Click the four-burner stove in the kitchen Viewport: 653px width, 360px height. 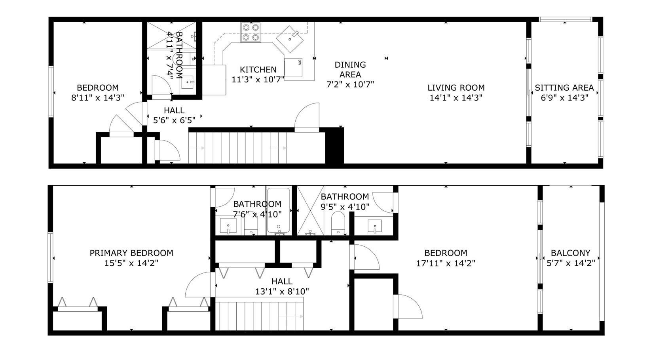(251, 32)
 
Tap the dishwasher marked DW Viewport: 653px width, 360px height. (293, 68)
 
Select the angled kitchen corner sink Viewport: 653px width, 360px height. (290, 39)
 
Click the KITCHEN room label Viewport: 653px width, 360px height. (258, 69)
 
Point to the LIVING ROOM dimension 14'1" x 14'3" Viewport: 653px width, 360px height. (456, 97)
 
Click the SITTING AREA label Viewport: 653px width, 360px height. (564, 88)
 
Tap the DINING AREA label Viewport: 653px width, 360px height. (350, 69)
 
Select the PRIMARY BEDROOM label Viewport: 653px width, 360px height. (131, 253)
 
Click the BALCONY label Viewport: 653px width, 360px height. (571, 253)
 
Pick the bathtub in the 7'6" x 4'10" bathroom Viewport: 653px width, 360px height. (278, 210)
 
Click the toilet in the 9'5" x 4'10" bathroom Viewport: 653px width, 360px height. (338, 223)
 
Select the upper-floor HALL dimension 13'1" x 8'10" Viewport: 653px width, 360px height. (282, 291)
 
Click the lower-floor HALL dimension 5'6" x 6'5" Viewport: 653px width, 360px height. (174, 120)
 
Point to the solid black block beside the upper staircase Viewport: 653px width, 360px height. (334, 146)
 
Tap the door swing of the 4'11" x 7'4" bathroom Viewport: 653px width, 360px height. (162, 85)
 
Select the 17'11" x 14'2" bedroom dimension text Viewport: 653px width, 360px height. (446, 263)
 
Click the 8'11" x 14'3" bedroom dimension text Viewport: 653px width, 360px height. (98, 97)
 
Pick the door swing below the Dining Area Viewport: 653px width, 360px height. (307, 115)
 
